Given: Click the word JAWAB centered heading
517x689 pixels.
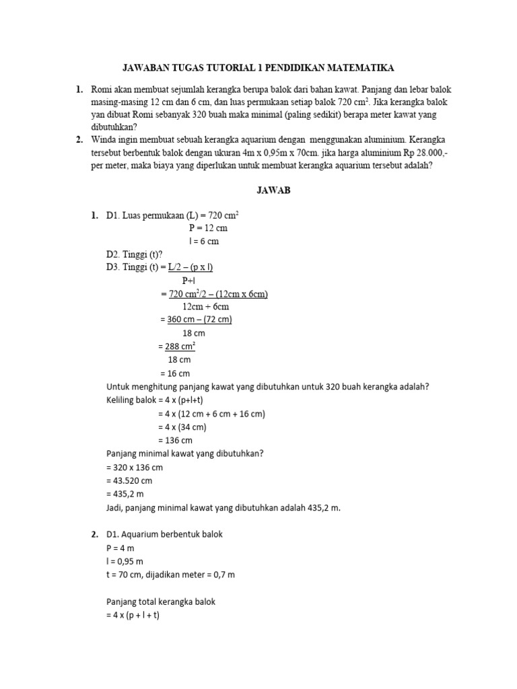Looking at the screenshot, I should (x=273, y=190).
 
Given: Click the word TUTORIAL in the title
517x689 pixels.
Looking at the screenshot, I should (x=226, y=68).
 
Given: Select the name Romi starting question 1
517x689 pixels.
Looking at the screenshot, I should (x=100, y=89).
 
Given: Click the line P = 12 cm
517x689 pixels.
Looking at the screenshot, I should (x=208, y=228).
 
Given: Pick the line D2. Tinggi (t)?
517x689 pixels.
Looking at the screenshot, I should (x=134, y=254).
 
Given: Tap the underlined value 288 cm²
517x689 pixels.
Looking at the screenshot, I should (x=180, y=347).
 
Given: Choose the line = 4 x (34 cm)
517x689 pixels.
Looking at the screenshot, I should (x=182, y=427).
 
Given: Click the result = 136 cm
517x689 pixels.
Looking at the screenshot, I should (x=176, y=440).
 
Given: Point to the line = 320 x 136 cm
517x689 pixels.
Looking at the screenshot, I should (x=135, y=467).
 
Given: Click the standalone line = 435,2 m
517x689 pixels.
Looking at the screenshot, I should (x=126, y=494).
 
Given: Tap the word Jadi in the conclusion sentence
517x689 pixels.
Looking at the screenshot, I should (x=116, y=507).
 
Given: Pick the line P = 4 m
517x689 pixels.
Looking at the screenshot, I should (x=121, y=548).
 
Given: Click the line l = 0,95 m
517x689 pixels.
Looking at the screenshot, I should (x=125, y=561).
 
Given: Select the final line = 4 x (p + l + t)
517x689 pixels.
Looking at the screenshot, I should (x=133, y=615).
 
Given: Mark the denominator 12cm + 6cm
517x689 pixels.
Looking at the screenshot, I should (x=205, y=307).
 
